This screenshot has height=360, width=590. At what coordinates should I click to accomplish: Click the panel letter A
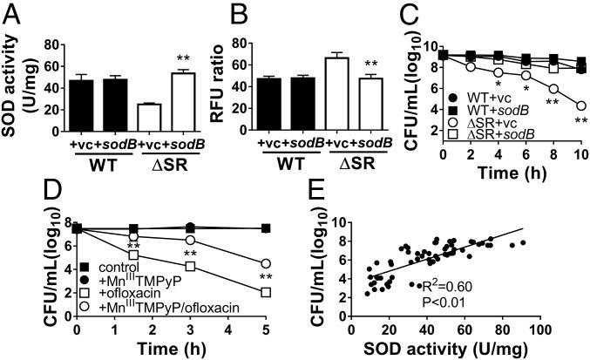[10, 10]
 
